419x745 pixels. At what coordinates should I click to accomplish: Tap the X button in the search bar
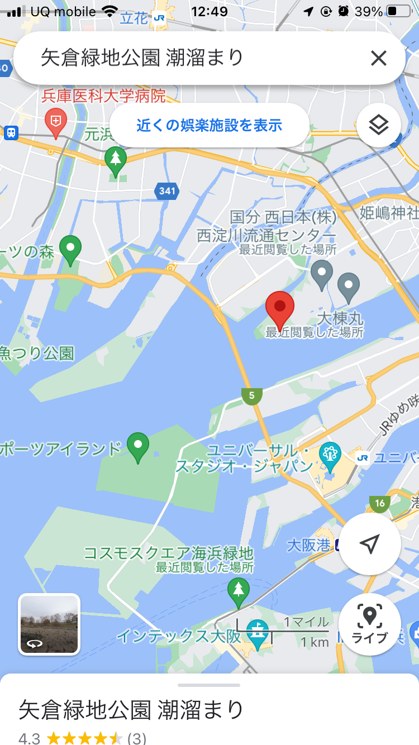click(x=378, y=58)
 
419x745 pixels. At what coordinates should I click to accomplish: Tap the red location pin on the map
click(x=279, y=309)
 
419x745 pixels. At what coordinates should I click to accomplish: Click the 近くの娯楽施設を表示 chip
click(x=209, y=125)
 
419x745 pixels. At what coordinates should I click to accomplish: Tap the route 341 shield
click(x=166, y=191)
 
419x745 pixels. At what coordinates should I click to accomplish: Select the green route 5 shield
click(x=252, y=396)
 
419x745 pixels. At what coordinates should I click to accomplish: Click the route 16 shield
click(x=380, y=503)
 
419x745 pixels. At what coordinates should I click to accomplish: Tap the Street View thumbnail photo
click(x=49, y=624)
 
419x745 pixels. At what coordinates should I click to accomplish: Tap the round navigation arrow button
click(x=369, y=543)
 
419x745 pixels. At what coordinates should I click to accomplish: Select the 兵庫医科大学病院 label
click(x=104, y=96)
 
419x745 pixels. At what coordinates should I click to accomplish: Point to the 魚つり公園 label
click(x=37, y=353)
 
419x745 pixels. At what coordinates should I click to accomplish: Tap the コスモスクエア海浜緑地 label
click(x=168, y=553)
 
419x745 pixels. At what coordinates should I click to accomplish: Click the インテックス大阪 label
click(x=179, y=636)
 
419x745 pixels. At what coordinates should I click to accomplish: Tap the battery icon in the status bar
click(x=399, y=11)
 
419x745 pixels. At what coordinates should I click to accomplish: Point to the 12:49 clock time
click(x=209, y=11)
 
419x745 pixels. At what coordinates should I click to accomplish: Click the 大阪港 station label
click(x=308, y=545)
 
